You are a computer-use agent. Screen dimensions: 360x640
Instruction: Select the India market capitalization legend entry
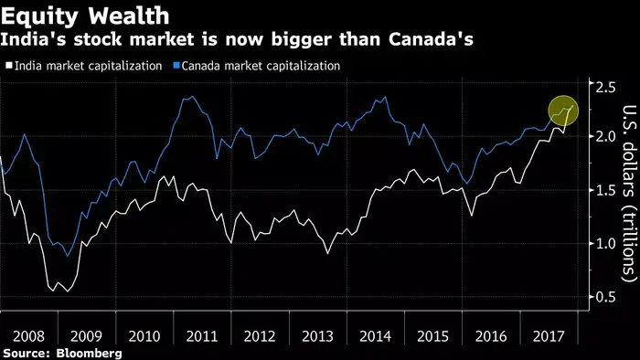(87, 66)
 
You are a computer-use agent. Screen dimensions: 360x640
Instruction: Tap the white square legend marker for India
(8, 66)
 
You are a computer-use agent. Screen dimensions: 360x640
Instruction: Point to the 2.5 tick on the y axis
(603, 88)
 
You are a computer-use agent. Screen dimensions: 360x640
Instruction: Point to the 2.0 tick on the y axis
(603, 136)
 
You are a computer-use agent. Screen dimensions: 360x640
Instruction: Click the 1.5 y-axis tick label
(603, 189)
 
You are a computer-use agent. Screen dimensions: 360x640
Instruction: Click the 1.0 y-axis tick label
(603, 243)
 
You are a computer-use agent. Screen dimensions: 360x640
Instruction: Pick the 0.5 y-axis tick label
(603, 296)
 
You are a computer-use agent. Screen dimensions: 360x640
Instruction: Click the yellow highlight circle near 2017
(564, 111)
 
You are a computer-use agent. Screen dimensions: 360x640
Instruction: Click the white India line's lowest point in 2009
(67, 291)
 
